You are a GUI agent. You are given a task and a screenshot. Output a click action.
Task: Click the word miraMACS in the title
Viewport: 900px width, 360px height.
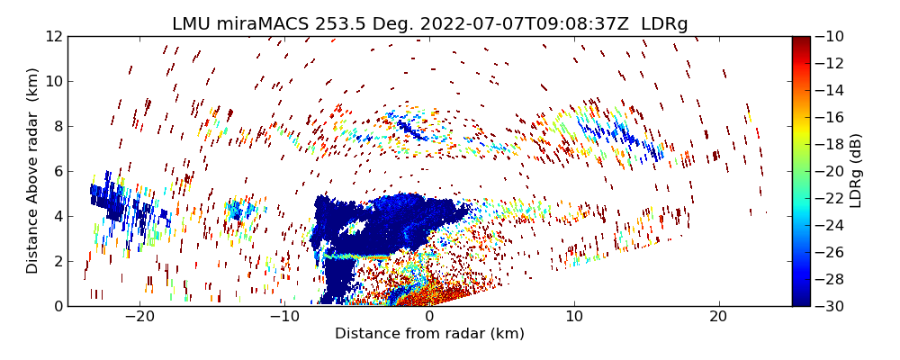pos(261,24)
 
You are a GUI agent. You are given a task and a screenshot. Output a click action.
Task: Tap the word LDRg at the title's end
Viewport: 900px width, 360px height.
pos(664,24)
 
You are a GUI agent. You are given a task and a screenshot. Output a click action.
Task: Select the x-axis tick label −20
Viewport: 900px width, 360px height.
pos(139,317)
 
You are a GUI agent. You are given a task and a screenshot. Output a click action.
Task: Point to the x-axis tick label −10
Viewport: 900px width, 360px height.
pos(284,317)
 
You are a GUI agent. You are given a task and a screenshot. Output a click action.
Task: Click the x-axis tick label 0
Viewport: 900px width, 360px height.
pos(429,317)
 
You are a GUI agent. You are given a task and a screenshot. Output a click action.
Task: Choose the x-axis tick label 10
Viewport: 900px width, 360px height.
pos(574,317)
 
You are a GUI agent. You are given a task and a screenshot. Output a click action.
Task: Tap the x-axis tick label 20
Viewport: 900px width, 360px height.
pos(718,317)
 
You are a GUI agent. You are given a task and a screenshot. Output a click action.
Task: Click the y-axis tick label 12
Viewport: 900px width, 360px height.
pos(53,37)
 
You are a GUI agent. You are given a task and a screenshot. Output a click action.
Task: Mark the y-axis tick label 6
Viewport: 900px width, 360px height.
pos(58,171)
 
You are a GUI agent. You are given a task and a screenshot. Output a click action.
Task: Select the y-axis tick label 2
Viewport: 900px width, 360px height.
pos(58,261)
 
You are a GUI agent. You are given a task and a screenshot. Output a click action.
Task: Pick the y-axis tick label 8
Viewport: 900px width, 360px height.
pos(58,126)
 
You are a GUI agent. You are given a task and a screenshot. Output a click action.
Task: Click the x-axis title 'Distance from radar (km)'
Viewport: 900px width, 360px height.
pos(429,334)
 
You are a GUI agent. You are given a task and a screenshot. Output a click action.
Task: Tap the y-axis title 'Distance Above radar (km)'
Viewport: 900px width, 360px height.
pos(33,171)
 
